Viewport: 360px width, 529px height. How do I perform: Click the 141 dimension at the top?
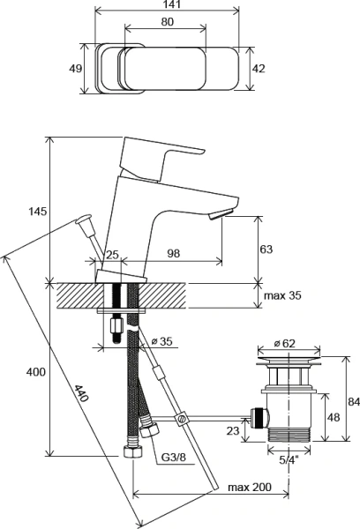click(x=167, y=5)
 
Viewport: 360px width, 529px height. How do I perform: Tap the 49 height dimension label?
click(x=76, y=69)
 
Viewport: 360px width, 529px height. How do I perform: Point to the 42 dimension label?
click(x=259, y=69)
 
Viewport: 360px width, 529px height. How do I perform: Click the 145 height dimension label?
click(x=37, y=212)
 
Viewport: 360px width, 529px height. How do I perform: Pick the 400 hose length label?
click(x=35, y=373)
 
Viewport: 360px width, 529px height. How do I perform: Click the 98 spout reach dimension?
click(x=173, y=254)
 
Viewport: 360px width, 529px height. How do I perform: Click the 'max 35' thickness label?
click(x=282, y=295)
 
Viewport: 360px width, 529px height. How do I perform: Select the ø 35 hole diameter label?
click(x=160, y=341)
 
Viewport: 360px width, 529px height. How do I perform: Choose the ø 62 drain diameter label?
click(x=284, y=343)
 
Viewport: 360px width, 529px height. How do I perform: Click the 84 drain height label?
click(x=351, y=402)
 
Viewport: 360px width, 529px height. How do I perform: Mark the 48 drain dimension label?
click(x=333, y=418)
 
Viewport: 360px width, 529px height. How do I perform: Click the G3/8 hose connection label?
click(x=173, y=458)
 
